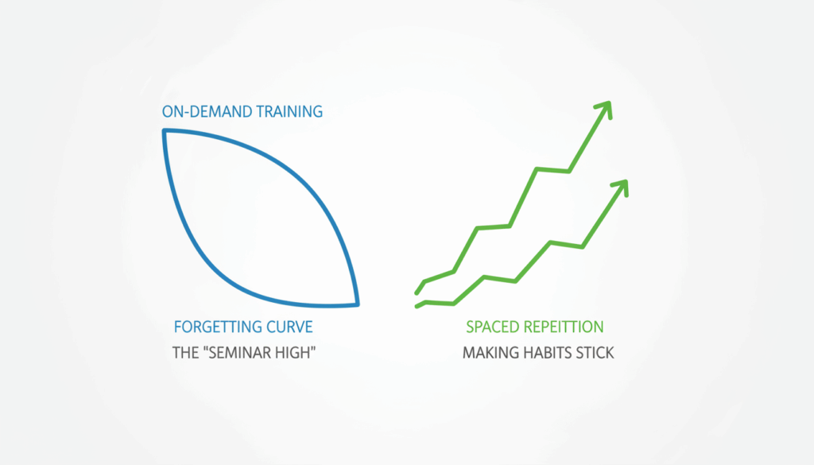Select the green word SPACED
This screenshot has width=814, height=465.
point(493,327)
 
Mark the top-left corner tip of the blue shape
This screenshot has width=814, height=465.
point(165,131)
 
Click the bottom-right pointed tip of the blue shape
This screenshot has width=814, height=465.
point(358,304)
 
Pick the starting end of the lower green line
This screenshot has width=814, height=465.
point(417,305)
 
